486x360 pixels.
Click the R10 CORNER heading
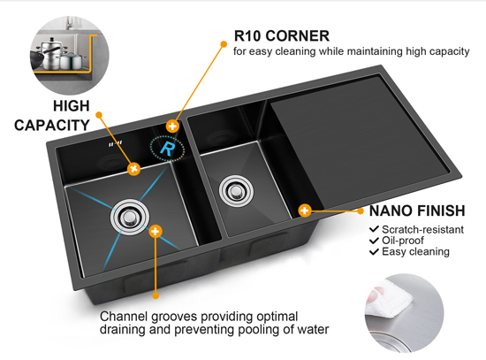(281, 35)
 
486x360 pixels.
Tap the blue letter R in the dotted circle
(167, 149)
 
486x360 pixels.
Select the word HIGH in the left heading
(72, 106)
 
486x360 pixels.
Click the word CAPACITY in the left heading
(52, 126)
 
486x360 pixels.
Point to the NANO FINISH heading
(417, 211)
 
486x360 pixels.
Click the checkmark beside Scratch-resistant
(374, 229)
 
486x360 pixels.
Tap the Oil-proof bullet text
(403, 241)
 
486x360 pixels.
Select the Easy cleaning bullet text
(415, 252)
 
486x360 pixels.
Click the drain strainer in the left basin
(130, 217)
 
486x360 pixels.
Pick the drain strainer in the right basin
(236, 191)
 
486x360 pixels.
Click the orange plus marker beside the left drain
(156, 231)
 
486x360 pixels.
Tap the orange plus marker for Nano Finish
(305, 211)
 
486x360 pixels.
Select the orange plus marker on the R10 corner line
(172, 126)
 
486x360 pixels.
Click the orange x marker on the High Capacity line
(134, 169)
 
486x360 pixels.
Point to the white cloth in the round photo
(390, 298)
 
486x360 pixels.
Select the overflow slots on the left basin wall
(115, 143)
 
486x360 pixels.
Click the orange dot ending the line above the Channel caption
(156, 295)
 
